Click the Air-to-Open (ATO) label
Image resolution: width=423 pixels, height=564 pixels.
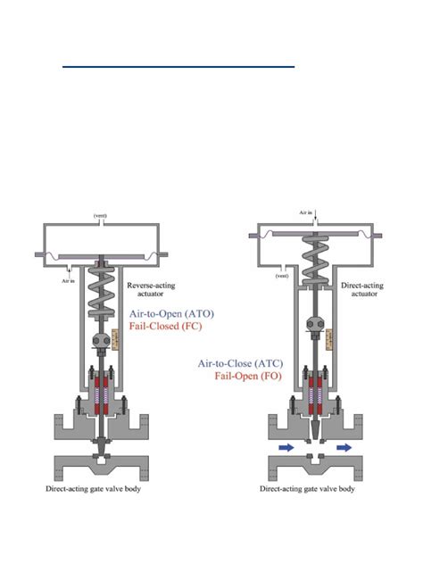[171, 313]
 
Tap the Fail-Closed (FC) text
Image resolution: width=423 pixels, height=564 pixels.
[165, 327]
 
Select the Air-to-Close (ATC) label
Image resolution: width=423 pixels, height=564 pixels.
[240, 363]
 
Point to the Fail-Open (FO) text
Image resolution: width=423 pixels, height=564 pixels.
[248, 377]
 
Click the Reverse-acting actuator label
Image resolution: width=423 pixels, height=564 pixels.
[151, 289]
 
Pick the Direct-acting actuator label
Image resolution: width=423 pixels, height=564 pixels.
[362, 289]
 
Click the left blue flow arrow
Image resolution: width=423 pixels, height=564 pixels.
[286, 447]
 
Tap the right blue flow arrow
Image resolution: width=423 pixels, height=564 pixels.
[344, 447]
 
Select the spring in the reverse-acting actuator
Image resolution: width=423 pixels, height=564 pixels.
[102, 292]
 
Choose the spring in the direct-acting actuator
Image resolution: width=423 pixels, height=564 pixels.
[315, 259]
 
